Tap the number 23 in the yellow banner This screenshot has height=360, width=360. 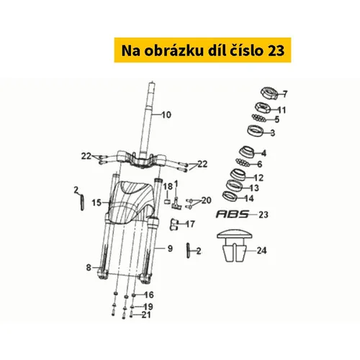(x=276, y=50)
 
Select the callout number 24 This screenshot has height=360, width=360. (x=261, y=251)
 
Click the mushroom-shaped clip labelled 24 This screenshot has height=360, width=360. (x=235, y=246)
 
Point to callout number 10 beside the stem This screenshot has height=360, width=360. (x=166, y=114)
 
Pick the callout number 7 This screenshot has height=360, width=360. (x=284, y=94)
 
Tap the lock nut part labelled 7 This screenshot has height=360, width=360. (x=269, y=94)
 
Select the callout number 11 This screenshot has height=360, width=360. (x=282, y=110)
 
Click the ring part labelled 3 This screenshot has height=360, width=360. (x=255, y=130)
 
